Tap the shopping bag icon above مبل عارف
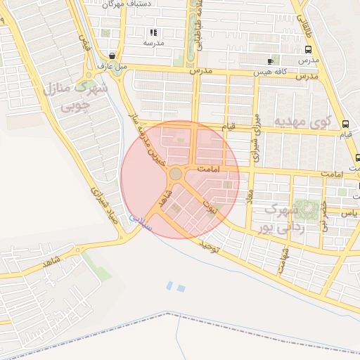112,56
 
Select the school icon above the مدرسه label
153,32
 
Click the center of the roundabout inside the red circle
176,173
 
